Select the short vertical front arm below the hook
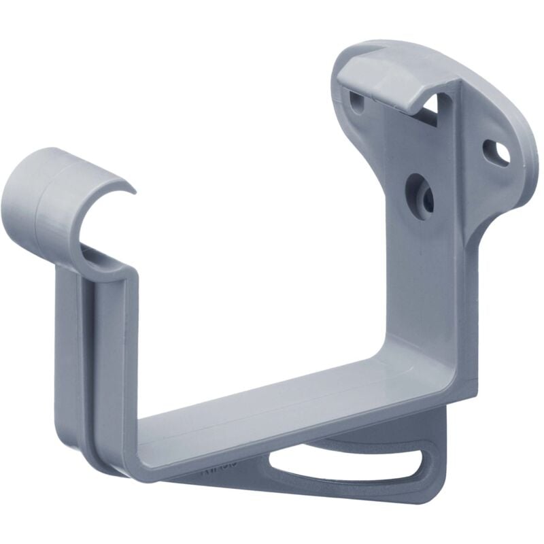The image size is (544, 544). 109,354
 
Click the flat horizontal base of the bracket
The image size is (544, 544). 272,415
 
